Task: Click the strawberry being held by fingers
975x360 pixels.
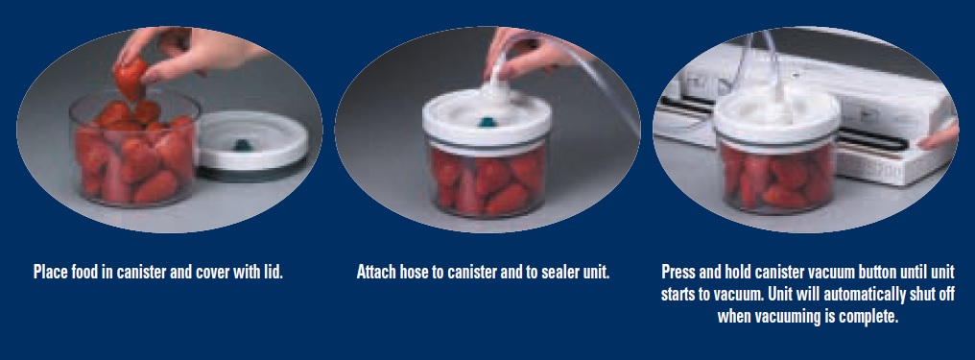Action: tap(131, 75)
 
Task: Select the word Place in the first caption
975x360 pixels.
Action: tap(52, 272)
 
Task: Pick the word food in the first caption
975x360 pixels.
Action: tap(92, 272)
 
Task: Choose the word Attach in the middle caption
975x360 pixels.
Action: tap(377, 272)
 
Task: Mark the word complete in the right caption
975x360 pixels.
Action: tap(868, 316)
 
